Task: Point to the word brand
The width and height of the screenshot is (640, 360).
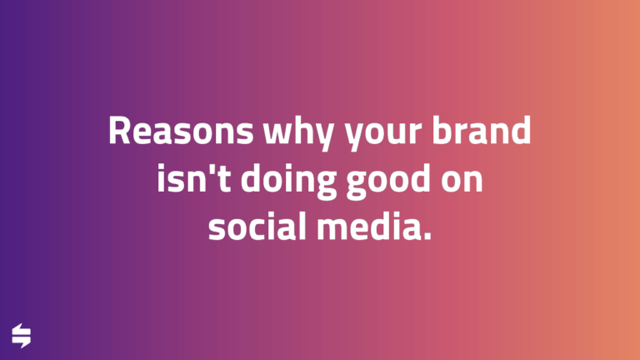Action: click(x=485, y=132)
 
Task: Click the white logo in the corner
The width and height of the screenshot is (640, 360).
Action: click(x=22, y=336)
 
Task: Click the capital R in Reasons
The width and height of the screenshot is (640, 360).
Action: click(x=118, y=132)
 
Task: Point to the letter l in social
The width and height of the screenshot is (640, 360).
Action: click(x=304, y=225)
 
